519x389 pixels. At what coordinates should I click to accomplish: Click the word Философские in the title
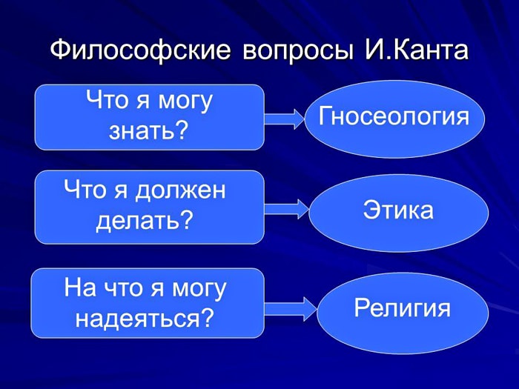(x=140, y=51)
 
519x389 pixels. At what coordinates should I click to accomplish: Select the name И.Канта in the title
(x=417, y=50)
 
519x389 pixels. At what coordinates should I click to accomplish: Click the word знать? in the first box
(x=148, y=131)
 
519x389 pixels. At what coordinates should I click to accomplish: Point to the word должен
(x=181, y=191)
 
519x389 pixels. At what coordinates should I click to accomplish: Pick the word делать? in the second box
(x=145, y=220)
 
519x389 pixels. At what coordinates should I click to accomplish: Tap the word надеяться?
(x=145, y=318)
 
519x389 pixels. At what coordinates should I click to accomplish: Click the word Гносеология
(x=394, y=117)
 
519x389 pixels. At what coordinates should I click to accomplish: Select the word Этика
(x=398, y=210)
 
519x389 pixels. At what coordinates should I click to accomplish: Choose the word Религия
(x=402, y=307)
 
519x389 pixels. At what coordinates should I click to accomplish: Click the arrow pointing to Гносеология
(x=284, y=119)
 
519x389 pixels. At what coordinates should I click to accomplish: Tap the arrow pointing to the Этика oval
(x=287, y=210)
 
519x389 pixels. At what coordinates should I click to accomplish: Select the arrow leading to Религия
(x=291, y=309)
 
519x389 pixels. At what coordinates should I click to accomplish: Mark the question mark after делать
(x=187, y=219)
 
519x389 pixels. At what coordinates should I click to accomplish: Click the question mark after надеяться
(x=207, y=317)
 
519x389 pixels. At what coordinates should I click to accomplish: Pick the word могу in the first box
(x=185, y=102)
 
